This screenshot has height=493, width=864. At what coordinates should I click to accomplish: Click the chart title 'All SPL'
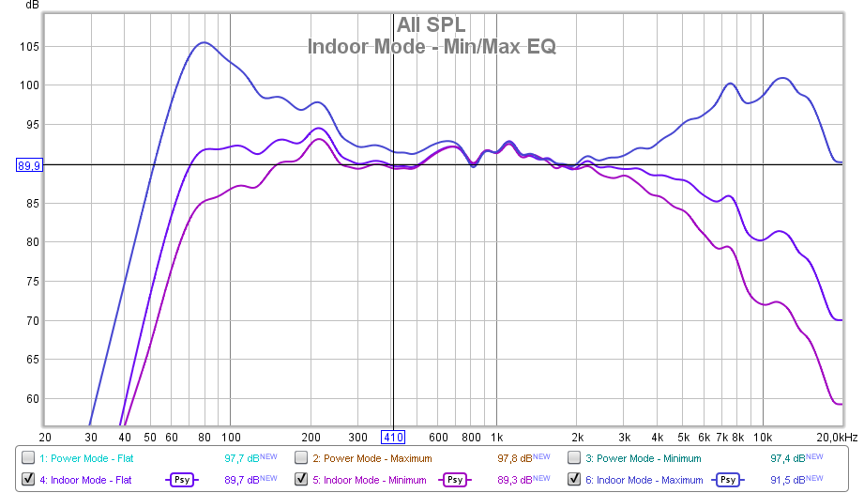coord(430,25)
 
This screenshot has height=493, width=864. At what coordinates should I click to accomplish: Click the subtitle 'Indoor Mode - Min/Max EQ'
coord(431,46)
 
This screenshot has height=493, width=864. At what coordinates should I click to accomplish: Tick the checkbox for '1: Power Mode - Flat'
coord(27,458)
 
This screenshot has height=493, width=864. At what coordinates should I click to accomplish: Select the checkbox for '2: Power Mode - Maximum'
coord(301,458)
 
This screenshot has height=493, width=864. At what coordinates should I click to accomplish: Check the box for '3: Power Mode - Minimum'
coord(573,458)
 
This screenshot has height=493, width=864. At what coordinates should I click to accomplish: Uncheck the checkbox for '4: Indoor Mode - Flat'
coord(27,479)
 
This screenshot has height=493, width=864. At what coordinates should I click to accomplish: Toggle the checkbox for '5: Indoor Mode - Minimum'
coord(301,479)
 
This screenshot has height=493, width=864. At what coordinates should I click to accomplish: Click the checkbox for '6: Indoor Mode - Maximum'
coord(573,479)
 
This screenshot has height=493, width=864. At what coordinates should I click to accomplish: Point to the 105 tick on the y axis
coord(27,46)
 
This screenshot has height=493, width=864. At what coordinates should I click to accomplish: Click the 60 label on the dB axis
coord(31,399)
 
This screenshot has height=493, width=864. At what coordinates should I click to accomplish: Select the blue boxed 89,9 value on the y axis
coord(28,165)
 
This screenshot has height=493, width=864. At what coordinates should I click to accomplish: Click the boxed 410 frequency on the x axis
coord(392,437)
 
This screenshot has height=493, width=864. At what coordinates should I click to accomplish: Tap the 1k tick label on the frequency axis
coord(498,437)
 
